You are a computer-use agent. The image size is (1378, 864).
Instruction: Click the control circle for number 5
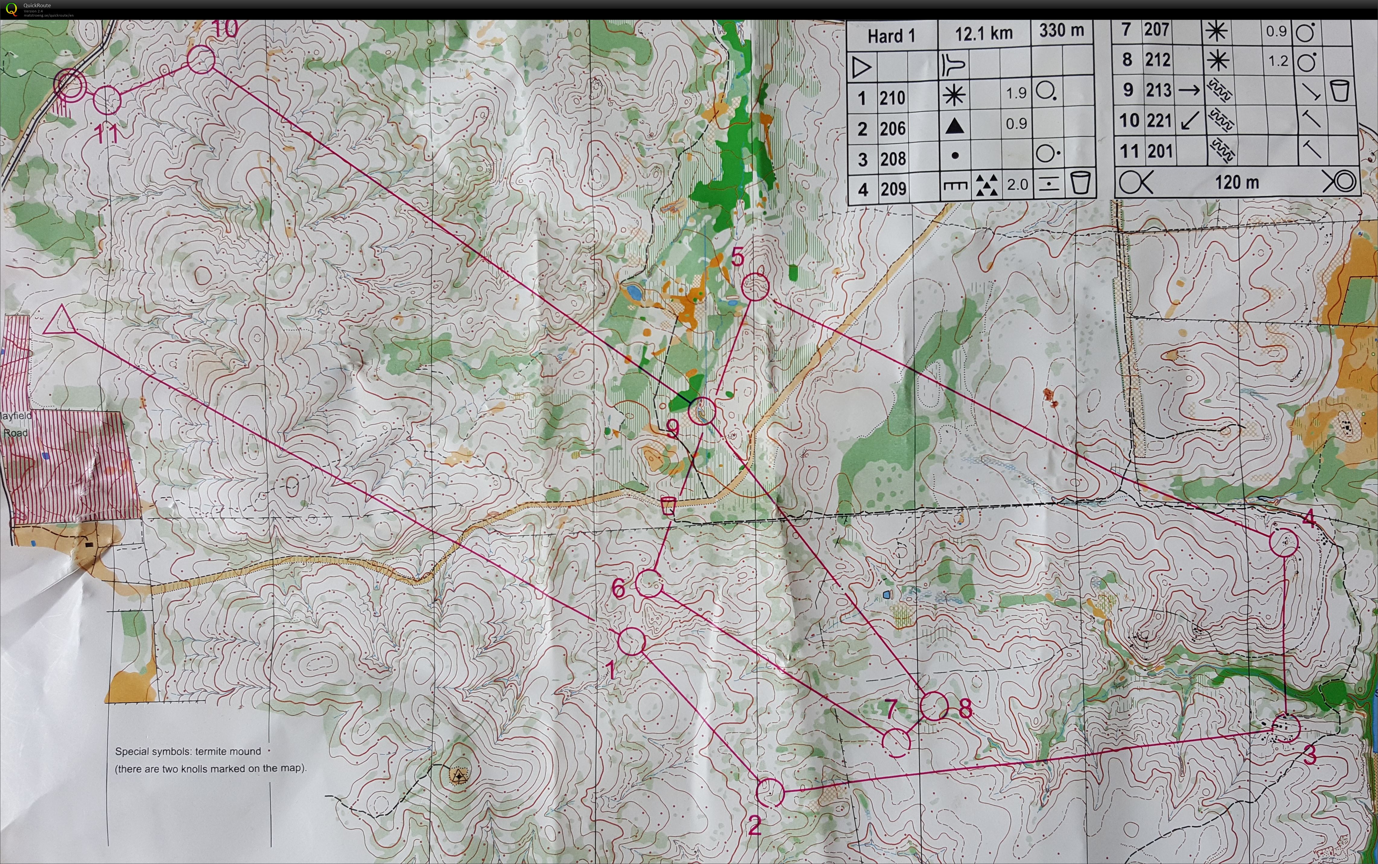point(756,286)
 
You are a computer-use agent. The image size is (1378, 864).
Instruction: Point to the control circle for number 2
point(770,792)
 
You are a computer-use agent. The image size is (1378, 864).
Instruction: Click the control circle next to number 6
point(649,583)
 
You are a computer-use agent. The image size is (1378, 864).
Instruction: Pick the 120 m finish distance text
point(1236,182)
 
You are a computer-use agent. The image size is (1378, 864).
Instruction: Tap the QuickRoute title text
point(37,5)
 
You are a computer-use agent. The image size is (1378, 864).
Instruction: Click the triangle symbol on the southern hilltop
point(457,775)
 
